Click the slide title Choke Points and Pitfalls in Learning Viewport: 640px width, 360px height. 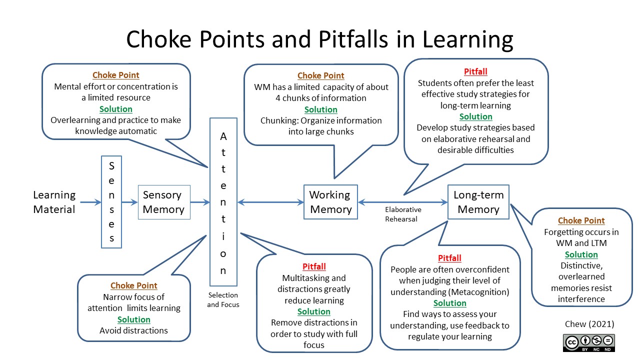pyautogui.click(x=319, y=39)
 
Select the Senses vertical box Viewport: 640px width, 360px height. pyautogui.click(x=111, y=202)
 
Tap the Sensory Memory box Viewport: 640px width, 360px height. pyautogui.click(x=164, y=202)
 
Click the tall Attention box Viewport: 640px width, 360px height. pyautogui.click(x=223, y=202)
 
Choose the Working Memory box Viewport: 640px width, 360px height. pyautogui.click(x=330, y=202)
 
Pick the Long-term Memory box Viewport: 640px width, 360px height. pyautogui.click(x=478, y=202)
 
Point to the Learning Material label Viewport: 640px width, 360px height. pyautogui.click(x=54, y=202)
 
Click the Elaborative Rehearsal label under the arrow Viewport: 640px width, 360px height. pyautogui.click(x=403, y=214)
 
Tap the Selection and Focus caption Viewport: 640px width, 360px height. pyautogui.click(x=223, y=299)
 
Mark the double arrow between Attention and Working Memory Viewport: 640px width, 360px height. pyautogui.click(x=270, y=202)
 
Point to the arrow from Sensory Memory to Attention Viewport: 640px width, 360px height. pyautogui.click(x=200, y=202)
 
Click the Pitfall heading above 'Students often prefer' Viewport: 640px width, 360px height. pyautogui.click(x=475, y=71)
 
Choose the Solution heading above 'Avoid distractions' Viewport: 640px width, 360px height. pyautogui.click(x=133, y=319)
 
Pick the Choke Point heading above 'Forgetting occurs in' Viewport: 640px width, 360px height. pyautogui.click(x=581, y=220)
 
